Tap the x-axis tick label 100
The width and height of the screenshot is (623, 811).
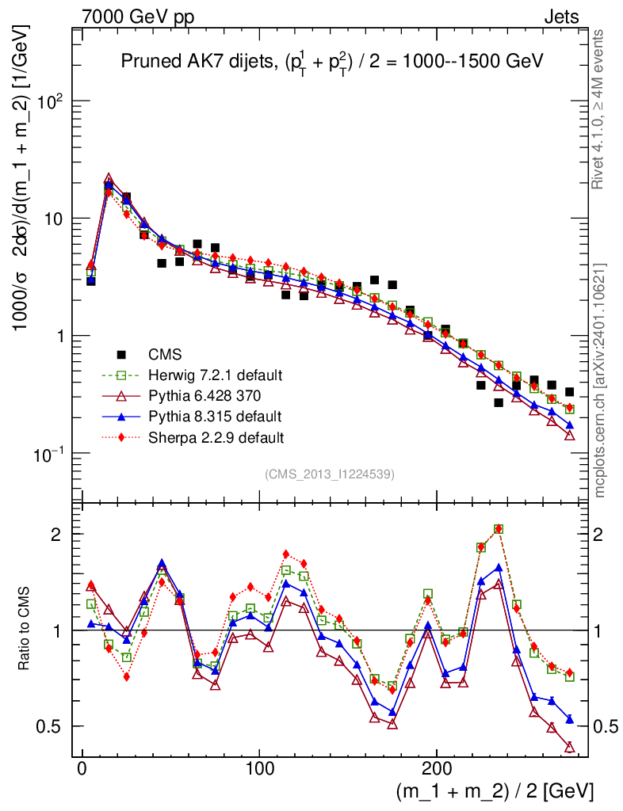(x=259, y=768)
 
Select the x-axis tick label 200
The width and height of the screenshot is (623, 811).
(x=438, y=768)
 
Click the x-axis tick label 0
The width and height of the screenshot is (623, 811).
(x=82, y=768)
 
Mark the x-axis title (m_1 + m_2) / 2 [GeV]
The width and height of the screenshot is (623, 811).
(x=495, y=791)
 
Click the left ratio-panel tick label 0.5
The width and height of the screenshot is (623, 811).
(x=52, y=726)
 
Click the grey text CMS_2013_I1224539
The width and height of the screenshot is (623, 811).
(x=331, y=474)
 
